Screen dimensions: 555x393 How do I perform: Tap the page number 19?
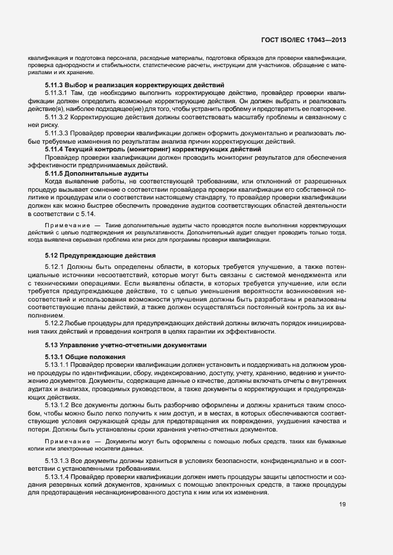click(343, 505)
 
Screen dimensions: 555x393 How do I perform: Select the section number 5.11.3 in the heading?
click(54, 85)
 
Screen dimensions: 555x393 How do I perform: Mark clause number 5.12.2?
click(53, 323)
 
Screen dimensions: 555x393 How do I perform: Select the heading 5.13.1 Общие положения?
click(83, 356)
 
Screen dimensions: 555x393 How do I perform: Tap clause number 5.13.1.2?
click(57, 404)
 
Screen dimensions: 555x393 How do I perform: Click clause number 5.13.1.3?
click(57, 461)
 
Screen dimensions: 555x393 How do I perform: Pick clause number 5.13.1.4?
click(57, 477)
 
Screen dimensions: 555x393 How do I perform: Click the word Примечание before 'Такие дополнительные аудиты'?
click(64, 226)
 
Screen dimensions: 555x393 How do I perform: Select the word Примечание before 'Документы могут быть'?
click(64, 442)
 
